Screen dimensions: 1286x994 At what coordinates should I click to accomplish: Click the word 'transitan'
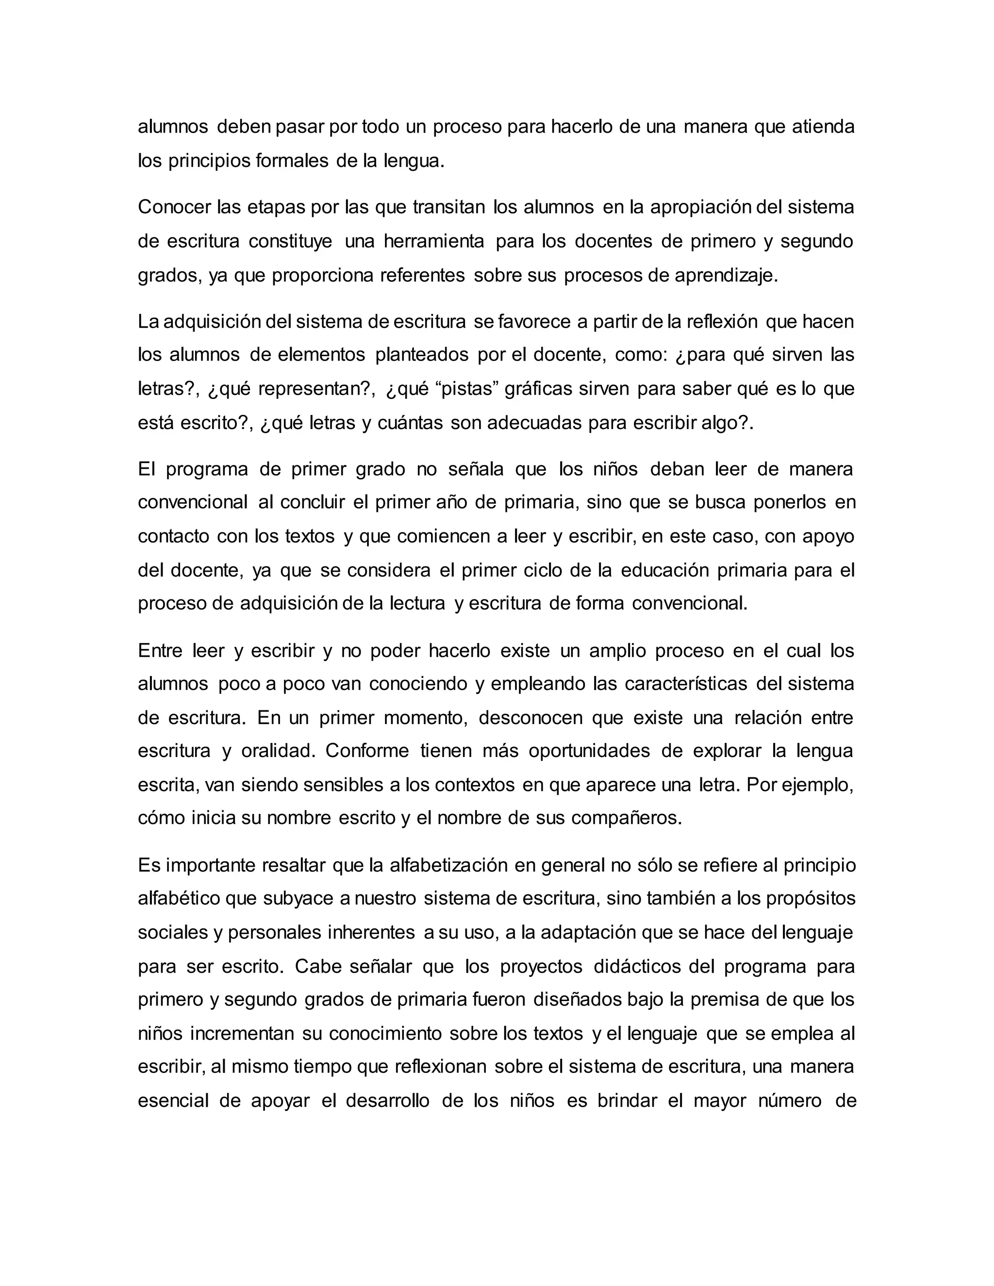(449, 207)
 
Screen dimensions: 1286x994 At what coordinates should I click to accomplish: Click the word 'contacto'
(173, 536)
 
